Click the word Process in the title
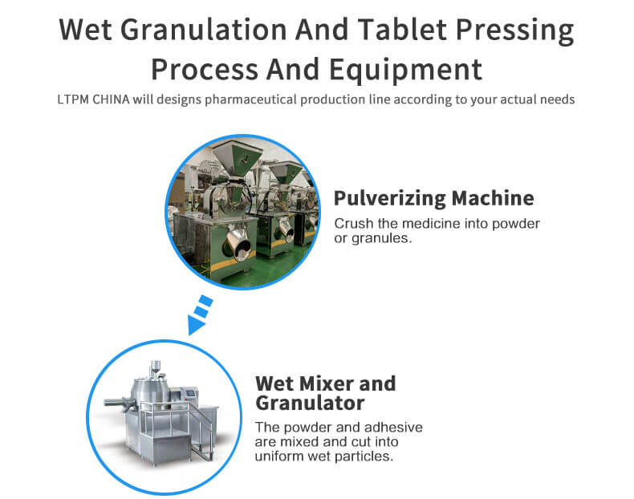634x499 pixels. tap(208, 69)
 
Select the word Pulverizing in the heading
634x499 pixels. tap(388, 197)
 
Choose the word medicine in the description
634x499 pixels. tap(429, 223)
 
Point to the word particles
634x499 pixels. tap(368, 457)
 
